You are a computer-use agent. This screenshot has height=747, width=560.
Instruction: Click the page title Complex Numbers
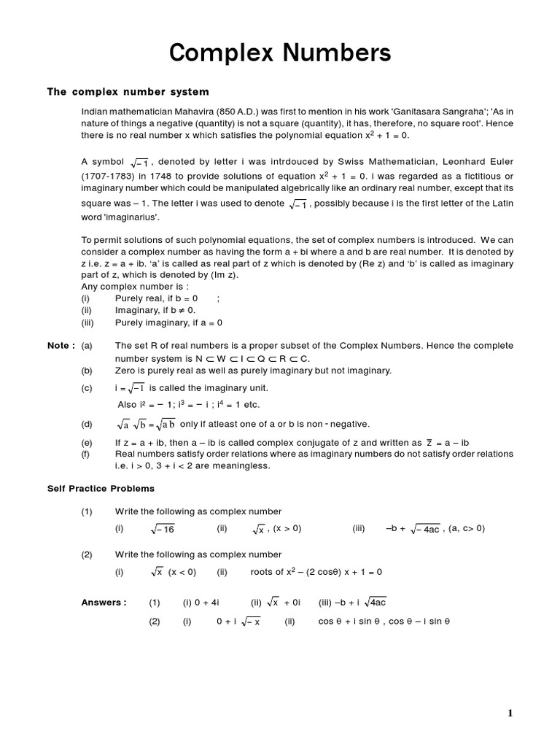click(x=280, y=53)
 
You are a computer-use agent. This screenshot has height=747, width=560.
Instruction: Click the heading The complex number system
click(x=128, y=92)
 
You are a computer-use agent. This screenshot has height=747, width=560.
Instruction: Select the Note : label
click(x=61, y=346)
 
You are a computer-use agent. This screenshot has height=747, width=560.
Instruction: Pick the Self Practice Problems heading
click(x=101, y=488)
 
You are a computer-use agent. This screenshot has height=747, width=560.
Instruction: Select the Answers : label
click(x=104, y=602)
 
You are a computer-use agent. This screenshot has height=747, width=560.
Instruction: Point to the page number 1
click(x=510, y=713)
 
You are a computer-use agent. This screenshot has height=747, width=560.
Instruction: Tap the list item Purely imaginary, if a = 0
click(x=168, y=322)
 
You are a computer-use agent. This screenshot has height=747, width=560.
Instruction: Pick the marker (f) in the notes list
click(x=87, y=454)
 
